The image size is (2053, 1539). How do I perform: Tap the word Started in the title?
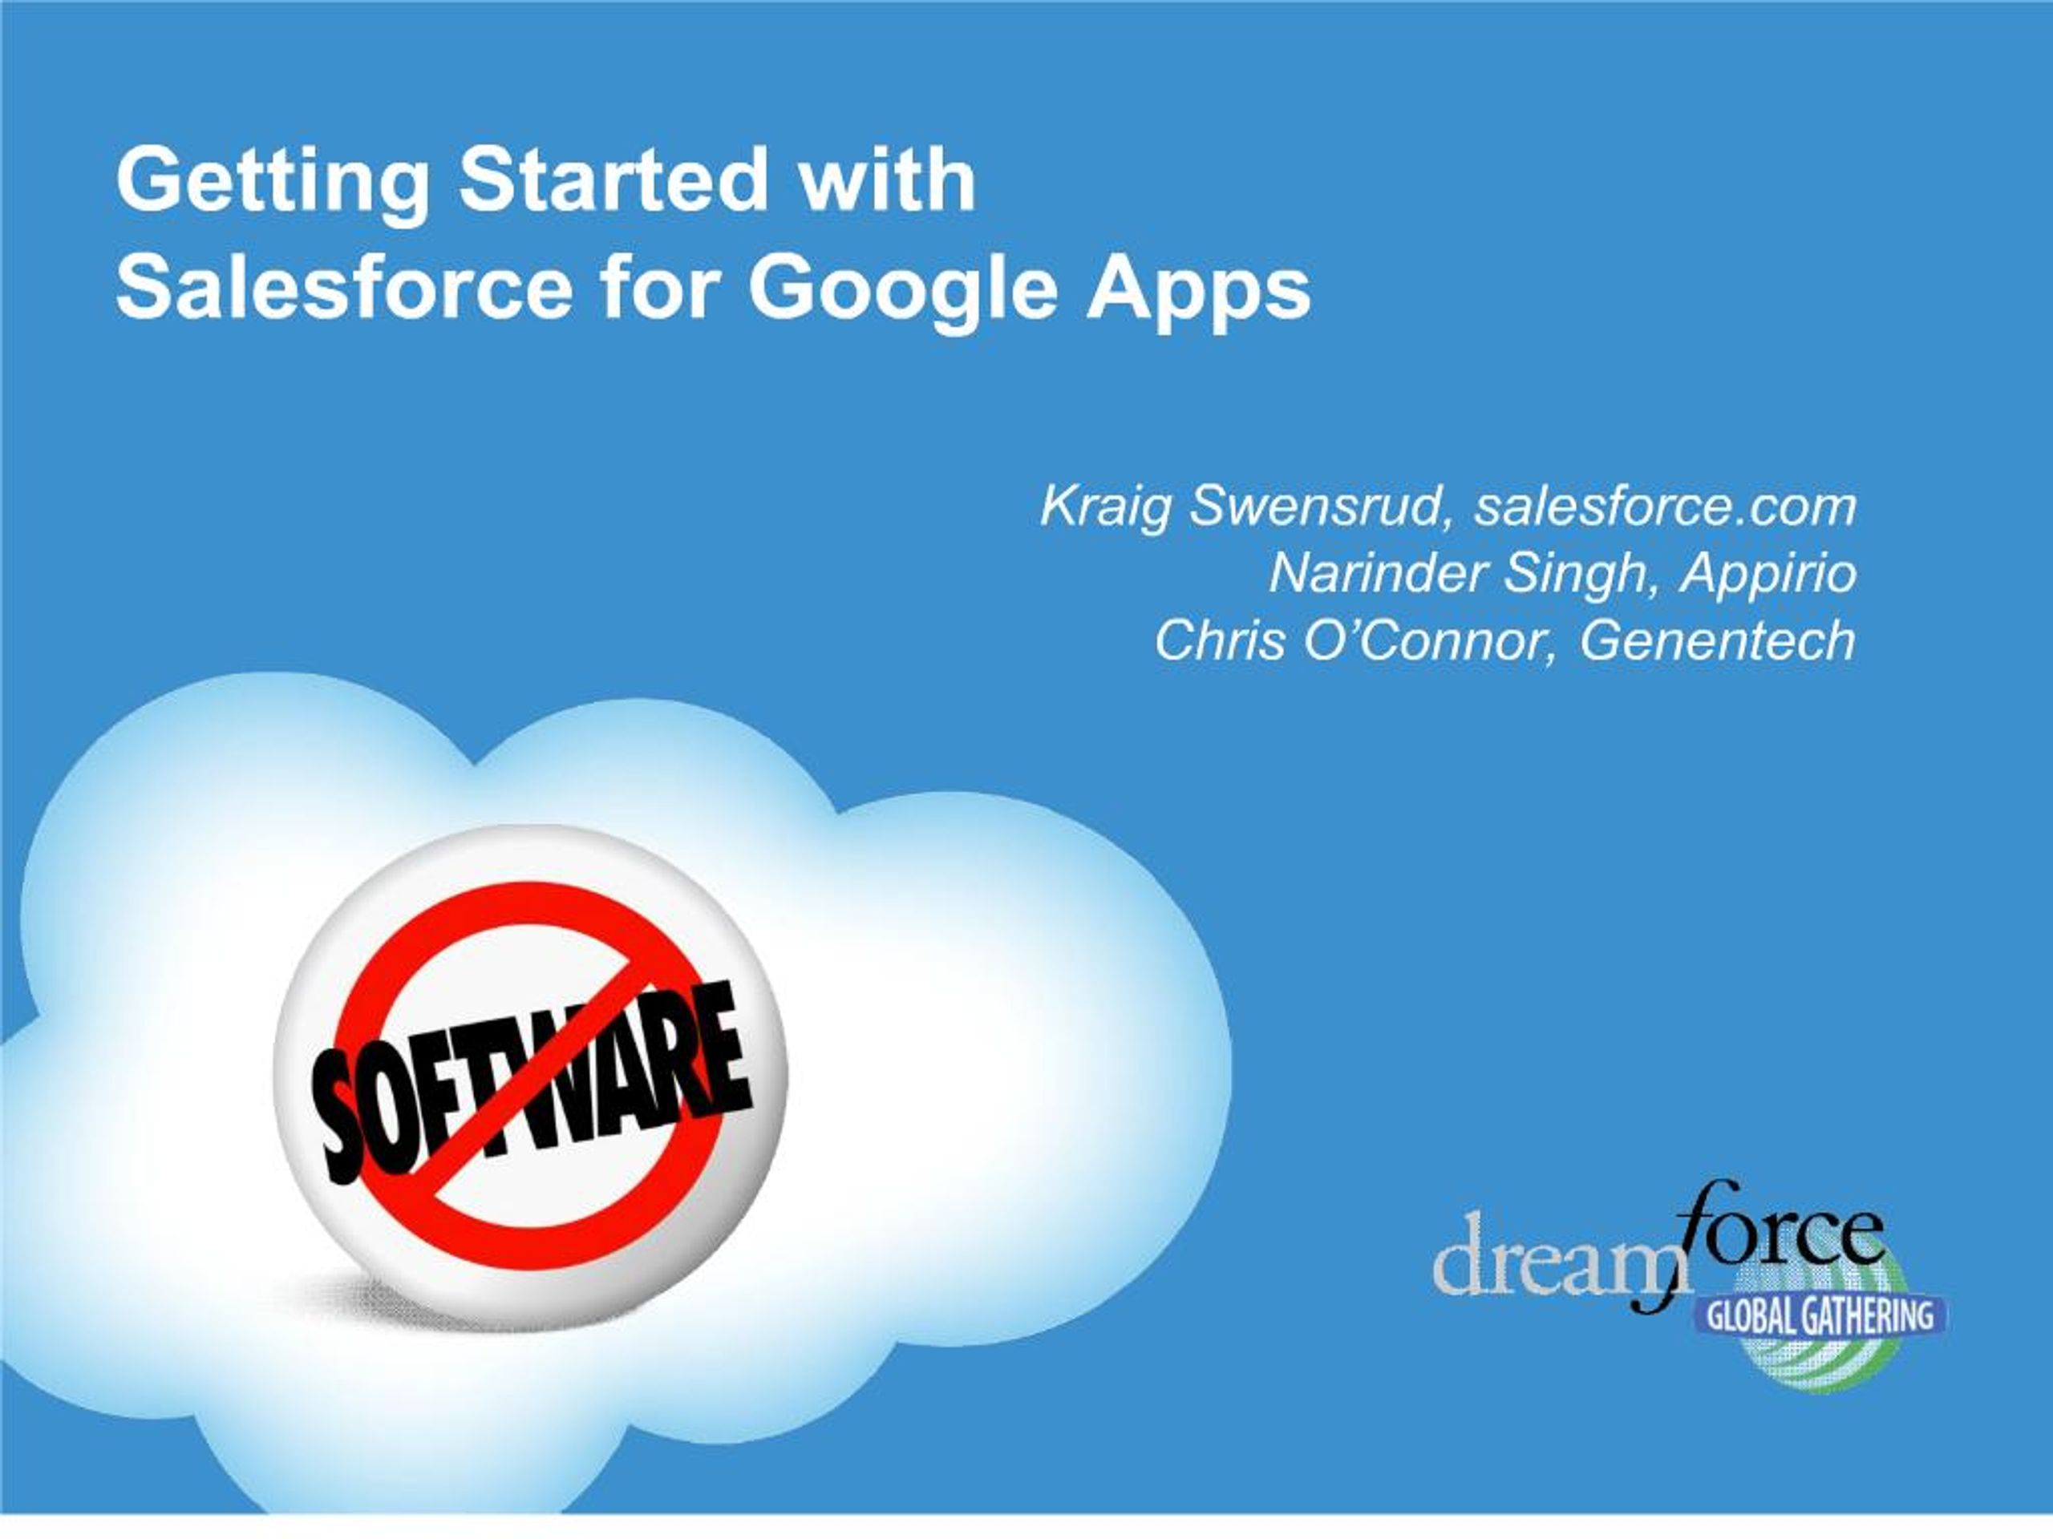[614, 178]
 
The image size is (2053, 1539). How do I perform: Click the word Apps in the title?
[1198, 293]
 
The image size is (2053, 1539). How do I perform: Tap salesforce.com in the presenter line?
[1666, 507]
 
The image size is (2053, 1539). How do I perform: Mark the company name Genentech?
[1718, 640]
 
